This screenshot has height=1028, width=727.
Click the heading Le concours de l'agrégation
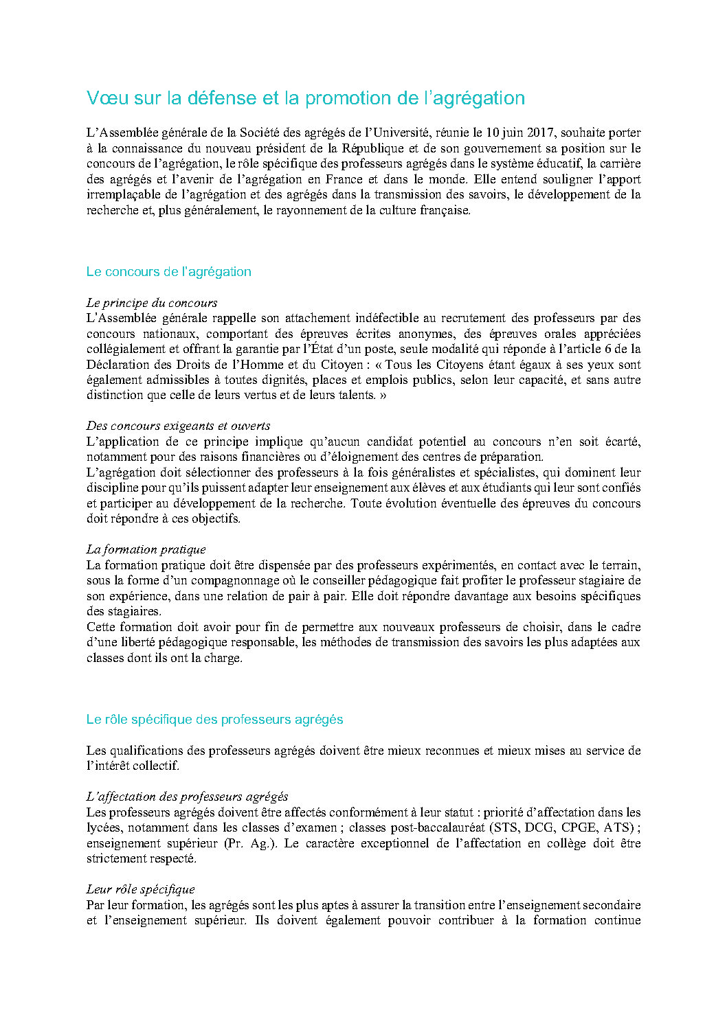pyautogui.click(x=168, y=272)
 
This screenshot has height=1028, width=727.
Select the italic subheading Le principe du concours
pyautogui.click(x=152, y=303)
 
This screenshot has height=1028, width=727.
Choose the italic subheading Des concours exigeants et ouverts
pyautogui.click(x=178, y=426)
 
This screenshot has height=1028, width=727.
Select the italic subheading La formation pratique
pyautogui.click(x=146, y=549)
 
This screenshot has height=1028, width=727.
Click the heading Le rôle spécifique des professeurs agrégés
pyautogui.click(x=214, y=720)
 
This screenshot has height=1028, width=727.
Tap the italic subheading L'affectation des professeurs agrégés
pyautogui.click(x=187, y=797)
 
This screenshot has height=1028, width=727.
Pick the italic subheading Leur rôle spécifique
pyautogui.click(x=140, y=889)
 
